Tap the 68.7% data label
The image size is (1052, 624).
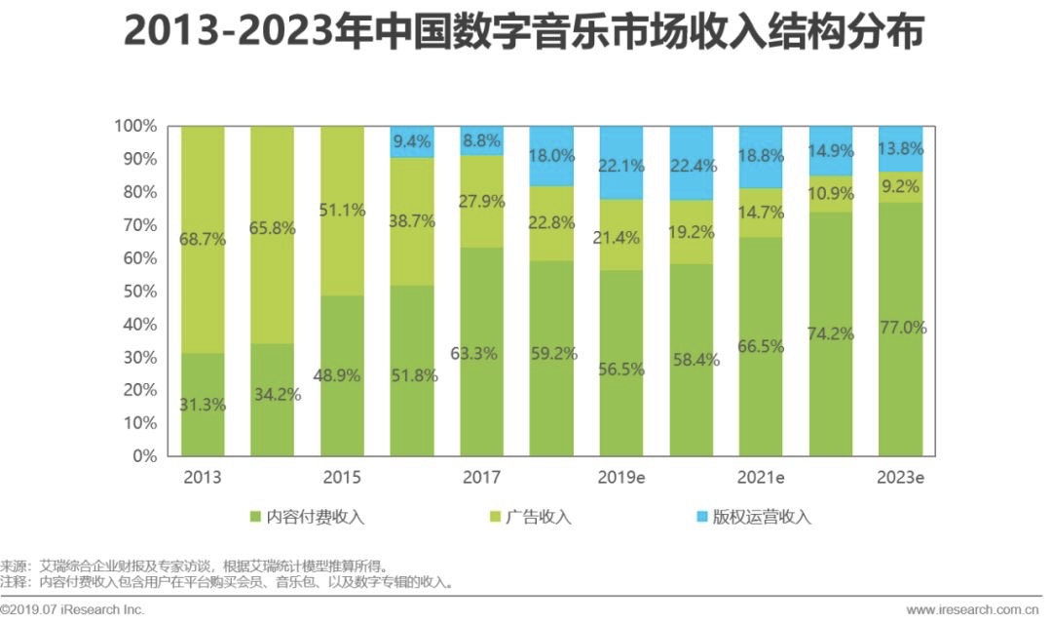point(203,239)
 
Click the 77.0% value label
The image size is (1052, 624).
point(902,328)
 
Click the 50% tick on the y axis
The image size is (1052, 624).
point(134,292)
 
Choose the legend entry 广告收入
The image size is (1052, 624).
point(538,517)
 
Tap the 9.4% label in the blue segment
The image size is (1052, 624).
point(413,142)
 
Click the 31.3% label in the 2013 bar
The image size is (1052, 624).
point(203,406)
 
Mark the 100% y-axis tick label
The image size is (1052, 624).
point(133,127)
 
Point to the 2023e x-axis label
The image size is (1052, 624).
point(901,478)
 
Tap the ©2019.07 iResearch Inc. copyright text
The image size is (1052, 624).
point(73,609)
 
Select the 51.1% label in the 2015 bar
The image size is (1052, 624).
point(342,210)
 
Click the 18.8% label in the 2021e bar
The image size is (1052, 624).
point(763,156)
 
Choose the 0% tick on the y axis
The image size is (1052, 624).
point(142,455)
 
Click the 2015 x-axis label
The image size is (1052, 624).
point(342,478)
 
